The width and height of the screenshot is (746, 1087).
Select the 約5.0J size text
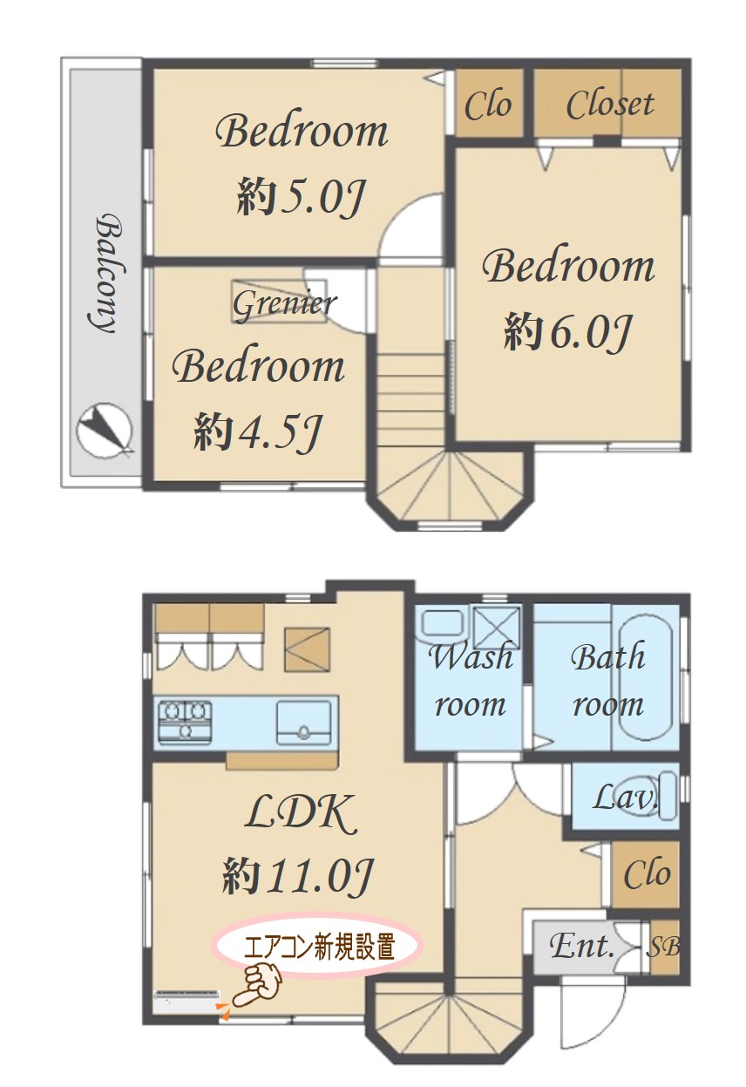click(x=301, y=198)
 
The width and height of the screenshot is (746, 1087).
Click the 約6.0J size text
click(x=566, y=332)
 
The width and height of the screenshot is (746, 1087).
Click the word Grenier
click(x=284, y=304)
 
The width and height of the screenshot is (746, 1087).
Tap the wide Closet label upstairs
click(x=610, y=105)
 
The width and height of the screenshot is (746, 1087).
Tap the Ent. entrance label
click(x=582, y=945)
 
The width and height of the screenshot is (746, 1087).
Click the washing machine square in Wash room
click(x=496, y=627)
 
